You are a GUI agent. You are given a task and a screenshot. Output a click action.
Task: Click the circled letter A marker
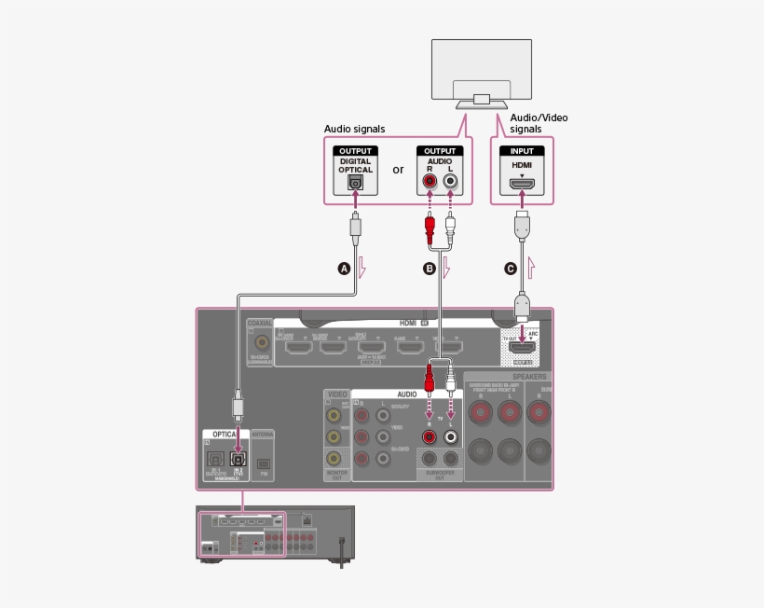(x=343, y=269)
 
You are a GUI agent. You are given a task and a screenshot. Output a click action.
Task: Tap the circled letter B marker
(x=430, y=269)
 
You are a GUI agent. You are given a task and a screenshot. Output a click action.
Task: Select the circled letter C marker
(x=510, y=269)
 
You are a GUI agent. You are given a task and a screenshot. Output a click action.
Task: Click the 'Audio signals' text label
(x=354, y=129)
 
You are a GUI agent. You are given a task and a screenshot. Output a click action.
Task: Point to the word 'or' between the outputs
(x=398, y=170)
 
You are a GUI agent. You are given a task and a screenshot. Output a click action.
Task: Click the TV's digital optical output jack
(x=355, y=184)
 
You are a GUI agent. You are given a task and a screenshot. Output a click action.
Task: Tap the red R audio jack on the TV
(x=430, y=183)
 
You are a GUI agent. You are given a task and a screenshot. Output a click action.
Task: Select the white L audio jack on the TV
(x=451, y=183)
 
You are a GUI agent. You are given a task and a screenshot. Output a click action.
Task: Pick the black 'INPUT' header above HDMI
(x=522, y=151)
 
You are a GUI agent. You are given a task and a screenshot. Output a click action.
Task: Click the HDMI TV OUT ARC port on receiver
(x=522, y=348)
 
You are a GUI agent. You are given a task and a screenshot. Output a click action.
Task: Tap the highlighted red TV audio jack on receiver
(x=430, y=436)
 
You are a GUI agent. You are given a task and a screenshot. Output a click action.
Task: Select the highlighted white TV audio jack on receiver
(x=451, y=436)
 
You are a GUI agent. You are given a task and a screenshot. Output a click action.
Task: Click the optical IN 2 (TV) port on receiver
(x=239, y=458)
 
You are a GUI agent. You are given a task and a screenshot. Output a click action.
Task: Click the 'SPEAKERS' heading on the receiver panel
(x=528, y=377)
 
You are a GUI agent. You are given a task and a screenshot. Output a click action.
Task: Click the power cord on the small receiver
(x=343, y=550)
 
